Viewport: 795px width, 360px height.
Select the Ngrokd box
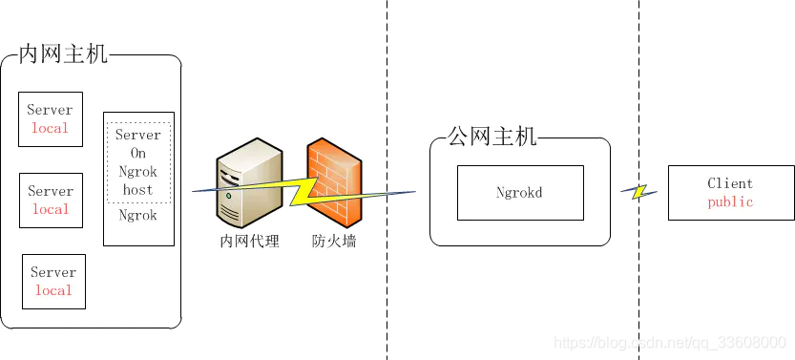(x=519, y=192)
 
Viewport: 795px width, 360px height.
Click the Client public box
(x=730, y=192)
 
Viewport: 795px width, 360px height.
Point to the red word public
(x=730, y=201)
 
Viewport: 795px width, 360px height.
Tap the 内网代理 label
(x=247, y=242)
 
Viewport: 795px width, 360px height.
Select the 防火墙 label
(x=334, y=242)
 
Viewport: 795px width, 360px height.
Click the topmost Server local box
(x=51, y=119)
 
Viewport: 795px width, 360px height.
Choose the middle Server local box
(x=51, y=201)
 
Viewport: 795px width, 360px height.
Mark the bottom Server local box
(x=53, y=282)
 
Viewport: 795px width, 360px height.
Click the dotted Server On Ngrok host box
(x=138, y=162)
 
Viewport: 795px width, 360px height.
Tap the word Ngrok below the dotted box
(x=138, y=216)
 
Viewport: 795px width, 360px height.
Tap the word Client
(x=730, y=182)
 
